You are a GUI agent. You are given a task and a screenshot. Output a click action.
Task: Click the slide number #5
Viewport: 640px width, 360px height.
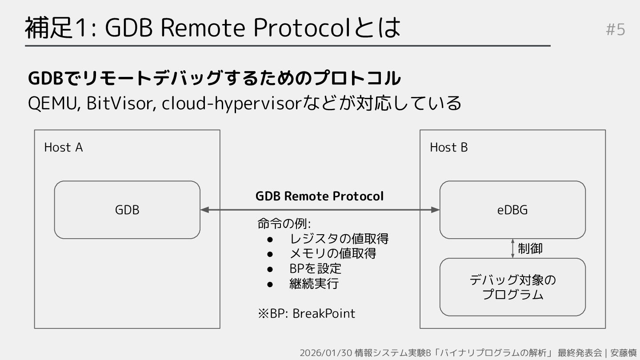coord(616,30)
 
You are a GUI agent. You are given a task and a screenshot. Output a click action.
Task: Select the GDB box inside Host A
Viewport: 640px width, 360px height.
coord(127,210)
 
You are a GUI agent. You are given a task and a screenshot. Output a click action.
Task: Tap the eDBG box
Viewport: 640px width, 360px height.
coord(512,210)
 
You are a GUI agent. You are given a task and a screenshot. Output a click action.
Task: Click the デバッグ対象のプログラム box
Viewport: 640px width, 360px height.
coord(512,287)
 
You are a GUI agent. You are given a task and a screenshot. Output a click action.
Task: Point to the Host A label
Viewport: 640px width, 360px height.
coord(64,148)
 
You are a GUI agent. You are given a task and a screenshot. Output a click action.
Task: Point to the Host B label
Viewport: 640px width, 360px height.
coord(448,148)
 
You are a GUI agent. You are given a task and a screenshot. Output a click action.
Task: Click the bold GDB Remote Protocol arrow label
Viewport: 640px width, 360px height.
coord(319,196)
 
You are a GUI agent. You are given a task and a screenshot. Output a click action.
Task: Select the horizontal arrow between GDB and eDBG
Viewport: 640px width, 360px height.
coord(320,210)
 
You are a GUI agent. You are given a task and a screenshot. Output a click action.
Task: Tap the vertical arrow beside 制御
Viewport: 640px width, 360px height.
coord(512,248)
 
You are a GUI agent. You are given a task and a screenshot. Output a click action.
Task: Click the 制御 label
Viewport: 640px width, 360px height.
coord(530,248)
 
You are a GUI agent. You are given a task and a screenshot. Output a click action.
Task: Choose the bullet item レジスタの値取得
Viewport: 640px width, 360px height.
coord(339,239)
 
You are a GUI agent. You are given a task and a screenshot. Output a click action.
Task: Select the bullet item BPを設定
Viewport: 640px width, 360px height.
coord(315,268)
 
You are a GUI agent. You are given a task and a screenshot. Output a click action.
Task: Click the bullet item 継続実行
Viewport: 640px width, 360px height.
coord(314,284)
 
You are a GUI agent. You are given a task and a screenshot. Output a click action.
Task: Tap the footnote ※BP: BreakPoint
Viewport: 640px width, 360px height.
coord(306,313)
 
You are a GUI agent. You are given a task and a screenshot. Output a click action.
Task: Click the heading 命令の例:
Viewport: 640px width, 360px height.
coord(284,224)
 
